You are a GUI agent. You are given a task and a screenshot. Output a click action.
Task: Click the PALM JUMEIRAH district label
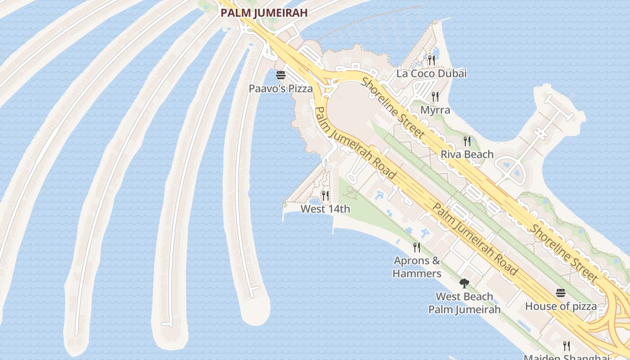point(264,13)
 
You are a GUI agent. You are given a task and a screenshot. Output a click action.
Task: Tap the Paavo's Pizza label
point(281,89)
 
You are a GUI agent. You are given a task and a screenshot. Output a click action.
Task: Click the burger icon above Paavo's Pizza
point(281,75)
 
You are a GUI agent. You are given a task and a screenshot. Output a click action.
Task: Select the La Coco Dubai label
point(432,73)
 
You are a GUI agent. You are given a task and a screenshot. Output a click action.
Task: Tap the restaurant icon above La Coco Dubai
point(432,60)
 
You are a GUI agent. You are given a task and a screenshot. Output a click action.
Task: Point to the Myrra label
point(435,110)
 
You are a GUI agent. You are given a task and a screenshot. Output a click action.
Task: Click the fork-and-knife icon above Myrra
point(435,96)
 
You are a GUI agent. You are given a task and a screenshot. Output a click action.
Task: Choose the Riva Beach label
point(467,154)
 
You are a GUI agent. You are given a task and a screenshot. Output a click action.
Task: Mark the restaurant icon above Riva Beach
point(467,141)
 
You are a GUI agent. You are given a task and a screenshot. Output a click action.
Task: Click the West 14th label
point(325,209)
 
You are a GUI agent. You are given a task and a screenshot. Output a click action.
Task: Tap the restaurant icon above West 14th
point(325,196)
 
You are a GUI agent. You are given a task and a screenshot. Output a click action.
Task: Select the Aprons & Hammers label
point(417,267)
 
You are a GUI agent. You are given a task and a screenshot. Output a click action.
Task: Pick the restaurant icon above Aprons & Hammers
point(417,247)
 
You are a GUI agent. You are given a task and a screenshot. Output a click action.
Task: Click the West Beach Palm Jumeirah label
point(464,303)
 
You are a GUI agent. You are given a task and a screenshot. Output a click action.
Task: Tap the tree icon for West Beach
point(464,283)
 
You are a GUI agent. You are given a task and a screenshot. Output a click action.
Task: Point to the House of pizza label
point(561,306)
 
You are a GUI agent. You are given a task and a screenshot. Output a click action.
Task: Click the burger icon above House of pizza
point(561,293)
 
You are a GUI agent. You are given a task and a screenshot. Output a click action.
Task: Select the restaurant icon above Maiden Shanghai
point(567,346)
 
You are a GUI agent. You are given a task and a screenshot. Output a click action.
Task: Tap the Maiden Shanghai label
point(567,357)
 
